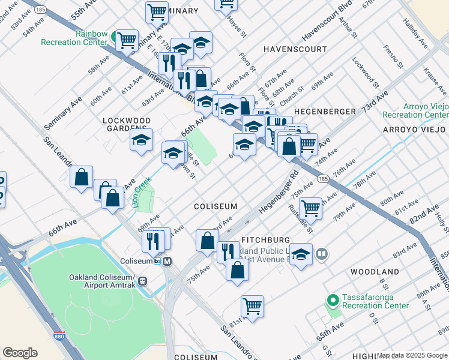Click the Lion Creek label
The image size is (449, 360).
pyautogui.click(x=139, y=193)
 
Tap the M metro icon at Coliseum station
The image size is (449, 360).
pyautogui.click(x=167, y=262)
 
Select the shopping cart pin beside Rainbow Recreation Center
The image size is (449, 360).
pyautogui.click(x=127, y=41)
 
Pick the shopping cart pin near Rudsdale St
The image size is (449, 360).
pyautogui.click(x=310, y=208)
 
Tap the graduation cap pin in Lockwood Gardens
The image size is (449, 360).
pyautogui.click(x=141, y=140)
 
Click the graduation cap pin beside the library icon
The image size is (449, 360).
pyautogui.click(x=301, y=254)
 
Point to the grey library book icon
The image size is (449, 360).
pyautogui.click(x=322, y=254)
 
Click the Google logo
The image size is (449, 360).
pyautogui.click(x=20, y=353)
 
